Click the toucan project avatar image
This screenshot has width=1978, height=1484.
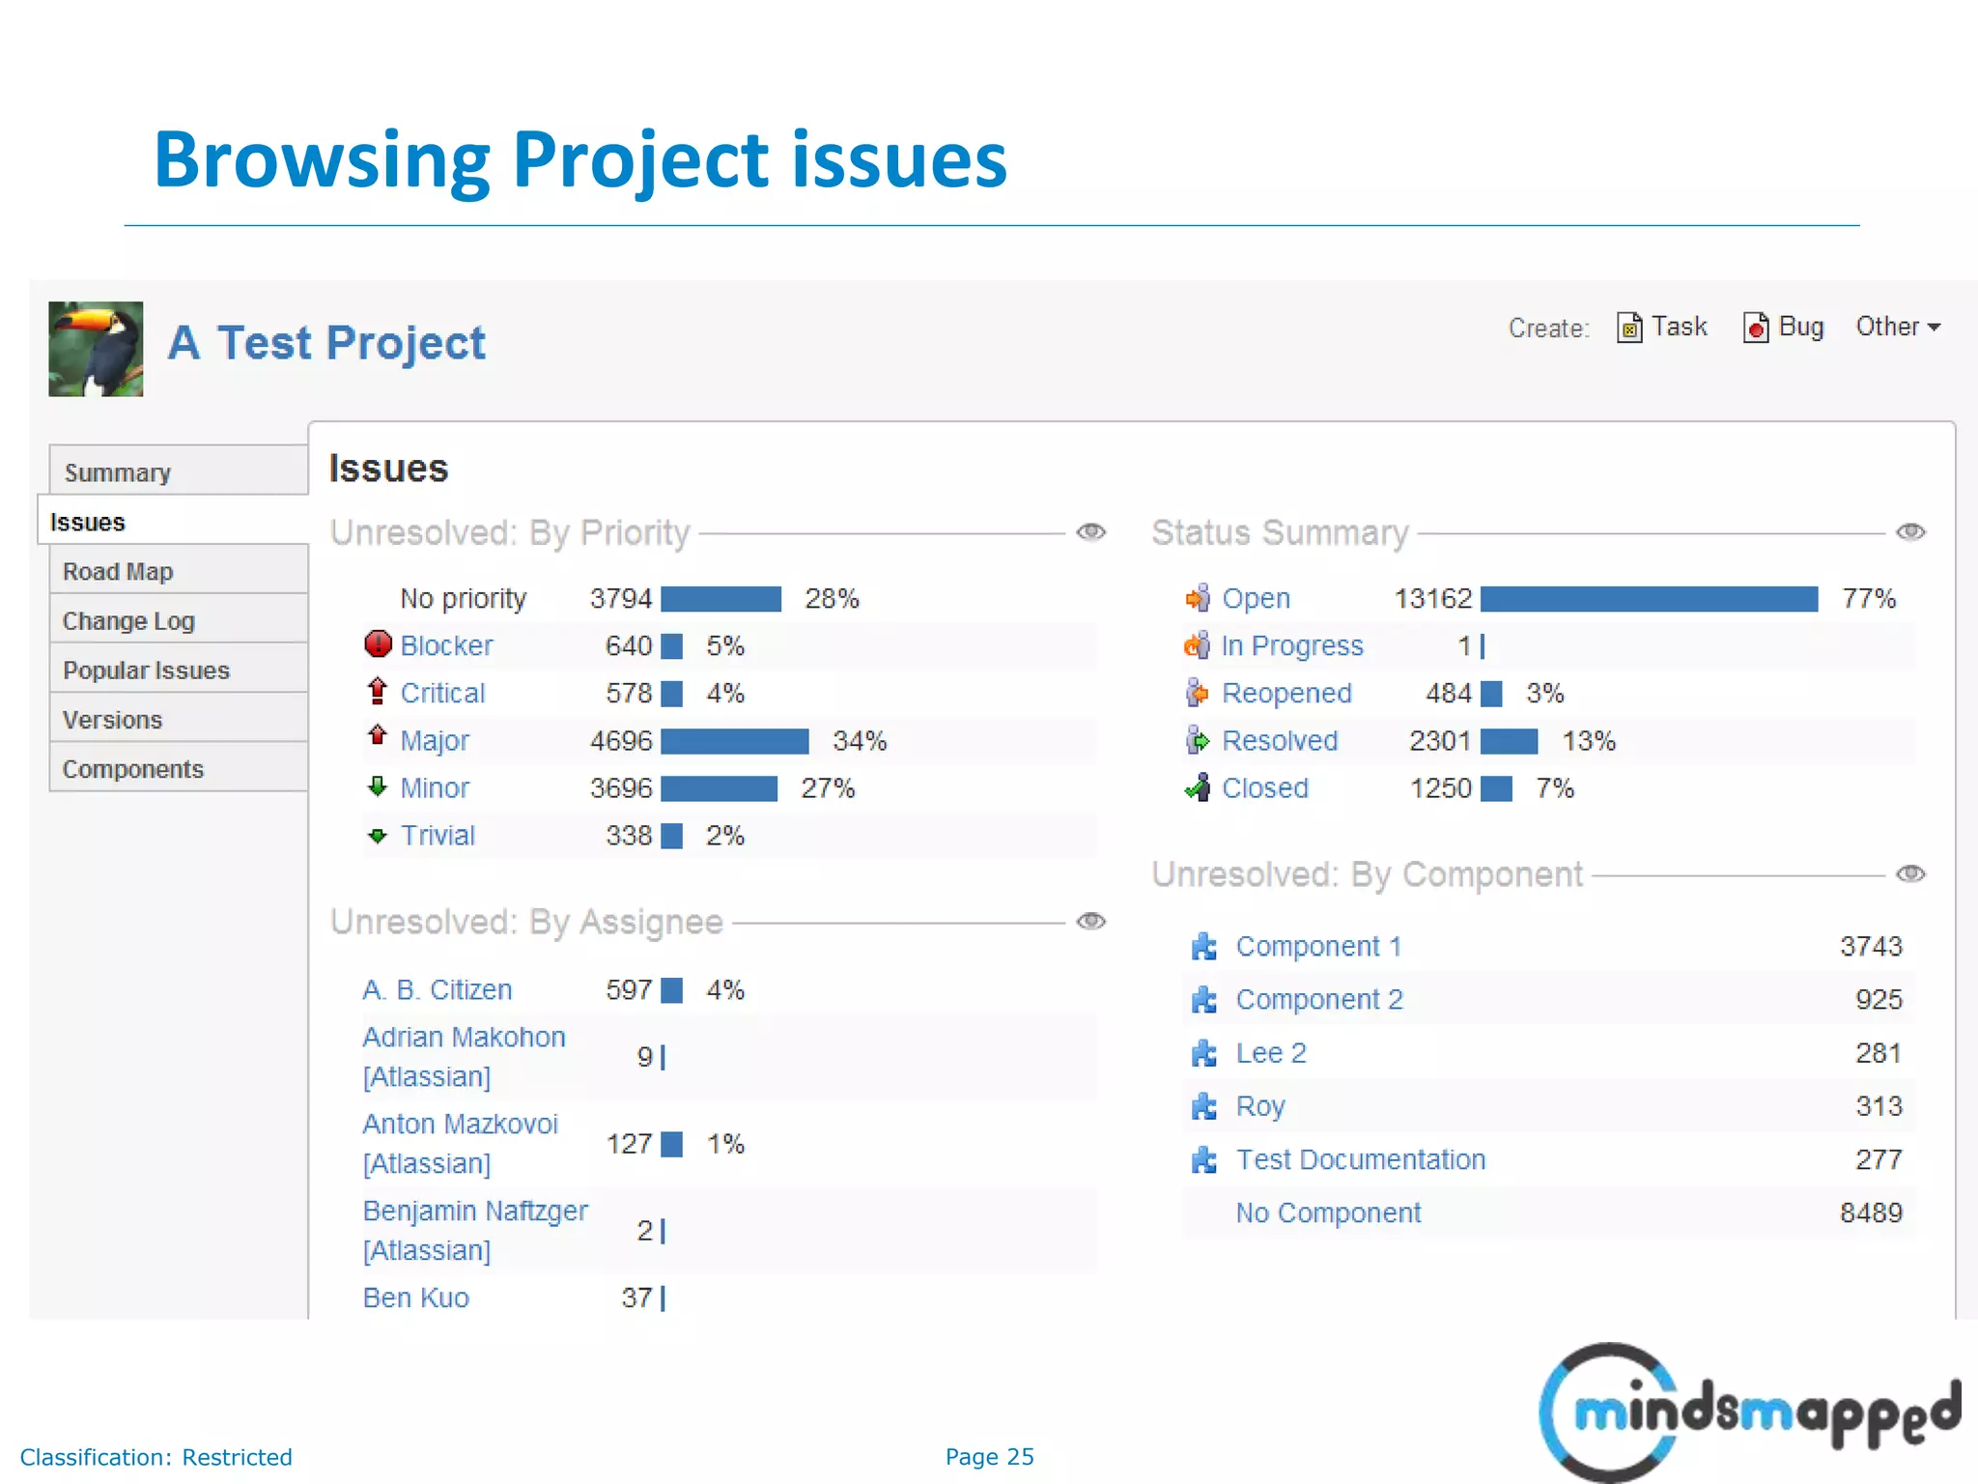click(96, 349)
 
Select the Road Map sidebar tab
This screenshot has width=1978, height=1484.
click(118, 572)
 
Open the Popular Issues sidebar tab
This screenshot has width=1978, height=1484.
click(146, 671)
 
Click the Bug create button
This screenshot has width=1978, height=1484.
click(1784, 328)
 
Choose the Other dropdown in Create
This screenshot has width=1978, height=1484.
click(1898, 328)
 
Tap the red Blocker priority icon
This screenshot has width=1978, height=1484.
click(378, 644)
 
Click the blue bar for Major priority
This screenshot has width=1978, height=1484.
click(735, 741)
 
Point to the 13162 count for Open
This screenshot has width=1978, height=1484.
click(1432, 599)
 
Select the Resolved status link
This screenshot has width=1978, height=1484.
click(1280, 741)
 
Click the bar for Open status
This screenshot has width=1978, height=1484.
click(1649, 599)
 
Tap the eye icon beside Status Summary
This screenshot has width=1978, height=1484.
click(1910, 532)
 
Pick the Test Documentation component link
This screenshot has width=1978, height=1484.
click(1360, 1159)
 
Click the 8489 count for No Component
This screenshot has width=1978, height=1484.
click(1871, 1213)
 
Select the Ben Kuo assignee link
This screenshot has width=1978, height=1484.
click(416, 1298)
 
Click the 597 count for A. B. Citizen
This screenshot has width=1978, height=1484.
click(629, 990)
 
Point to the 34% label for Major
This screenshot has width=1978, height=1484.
click(860, 741)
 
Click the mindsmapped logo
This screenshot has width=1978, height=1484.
click(1748, 1412)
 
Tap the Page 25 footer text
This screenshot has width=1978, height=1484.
click(989, 1457)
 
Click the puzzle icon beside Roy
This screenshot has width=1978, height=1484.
click(1203, 1106)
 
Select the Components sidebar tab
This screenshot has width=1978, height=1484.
click(133, 769)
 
